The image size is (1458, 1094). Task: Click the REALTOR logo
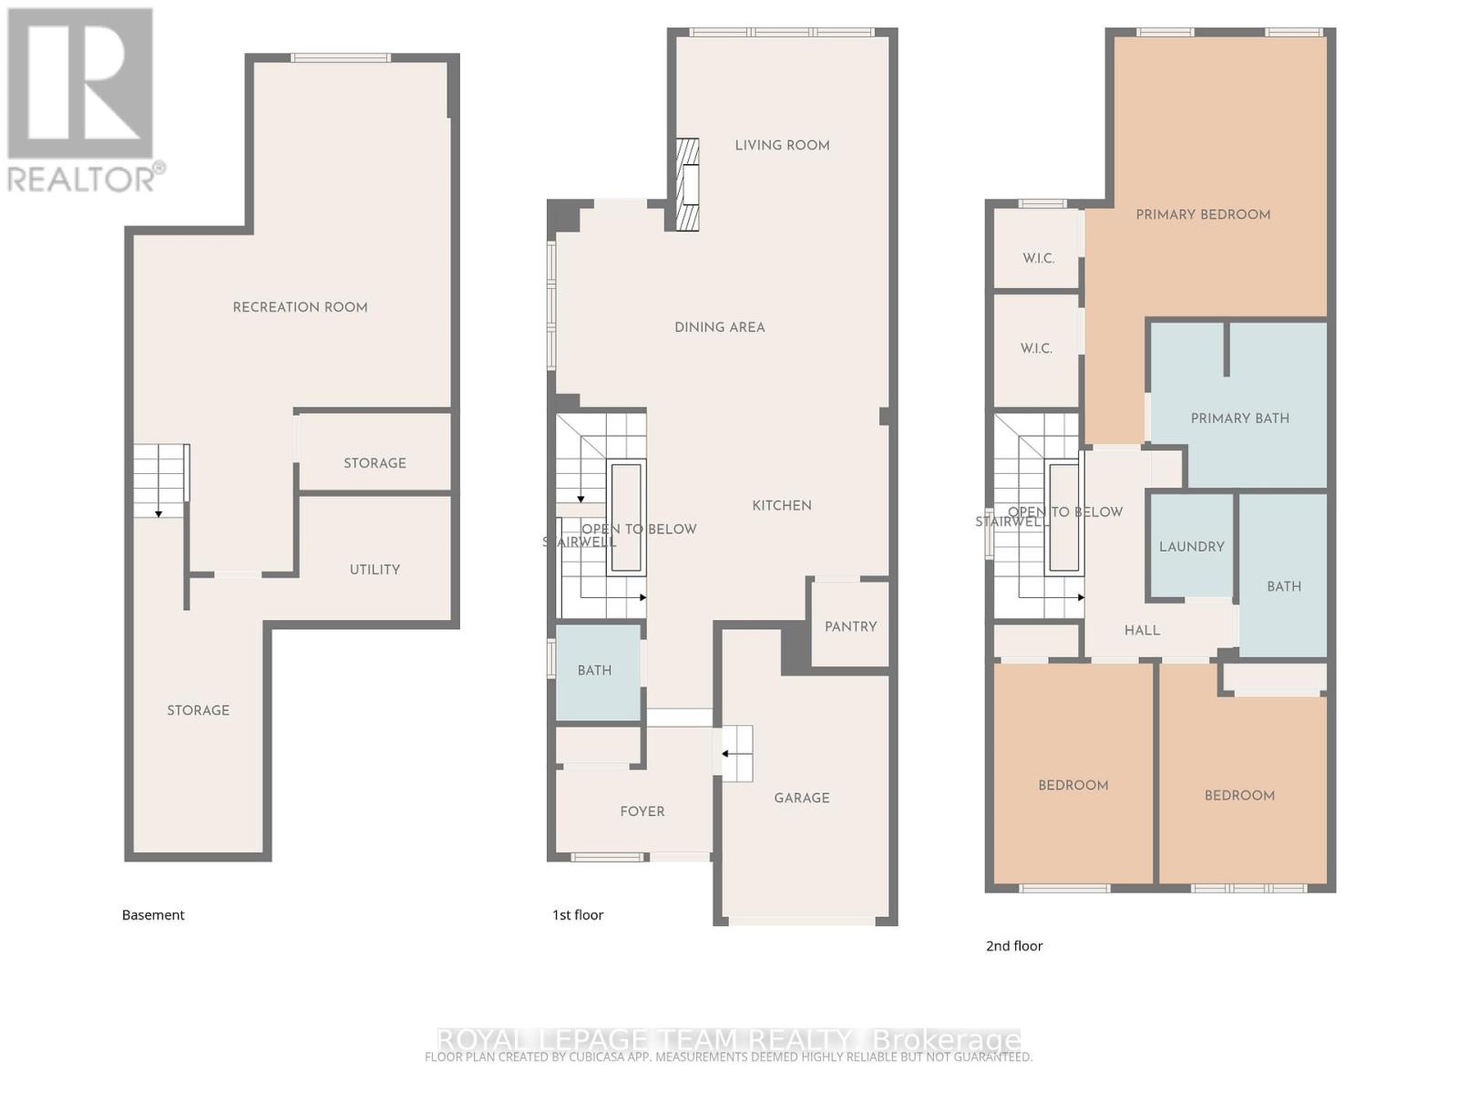(81, 100)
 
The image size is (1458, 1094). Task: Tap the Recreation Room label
(300, 307)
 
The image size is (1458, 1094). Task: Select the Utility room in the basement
(375, 570)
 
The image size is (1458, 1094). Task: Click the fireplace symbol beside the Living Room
(687, 184)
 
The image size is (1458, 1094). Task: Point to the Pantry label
(850, 626)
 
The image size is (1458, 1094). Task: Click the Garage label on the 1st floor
(802, 798)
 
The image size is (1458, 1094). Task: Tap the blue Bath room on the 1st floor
(595, 671)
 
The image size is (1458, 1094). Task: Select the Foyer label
(642, 811)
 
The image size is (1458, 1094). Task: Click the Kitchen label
(781, 505)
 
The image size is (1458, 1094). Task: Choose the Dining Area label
(719, 327)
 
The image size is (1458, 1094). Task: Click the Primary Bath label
(1239, 418)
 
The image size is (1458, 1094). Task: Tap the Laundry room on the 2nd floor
(1191, 547)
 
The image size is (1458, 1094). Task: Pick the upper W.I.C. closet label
(1038, 258)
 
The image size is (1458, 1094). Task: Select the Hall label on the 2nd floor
(1142, 630)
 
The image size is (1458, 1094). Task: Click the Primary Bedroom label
(1203, 214)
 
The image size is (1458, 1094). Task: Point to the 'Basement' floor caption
(153, 914)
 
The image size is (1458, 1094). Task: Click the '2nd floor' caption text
(1013, 945)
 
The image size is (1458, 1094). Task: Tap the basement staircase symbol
(160, 480)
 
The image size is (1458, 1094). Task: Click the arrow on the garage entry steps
(727, 754)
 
